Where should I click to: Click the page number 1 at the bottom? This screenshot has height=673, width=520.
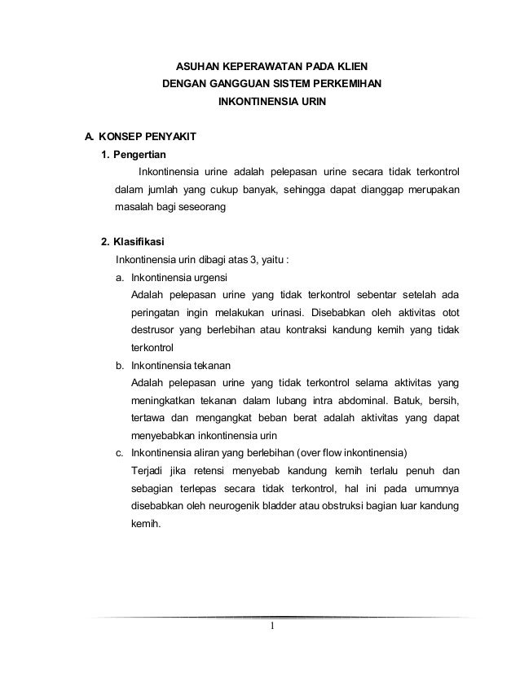pyautogui.click(x=274, y=627)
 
